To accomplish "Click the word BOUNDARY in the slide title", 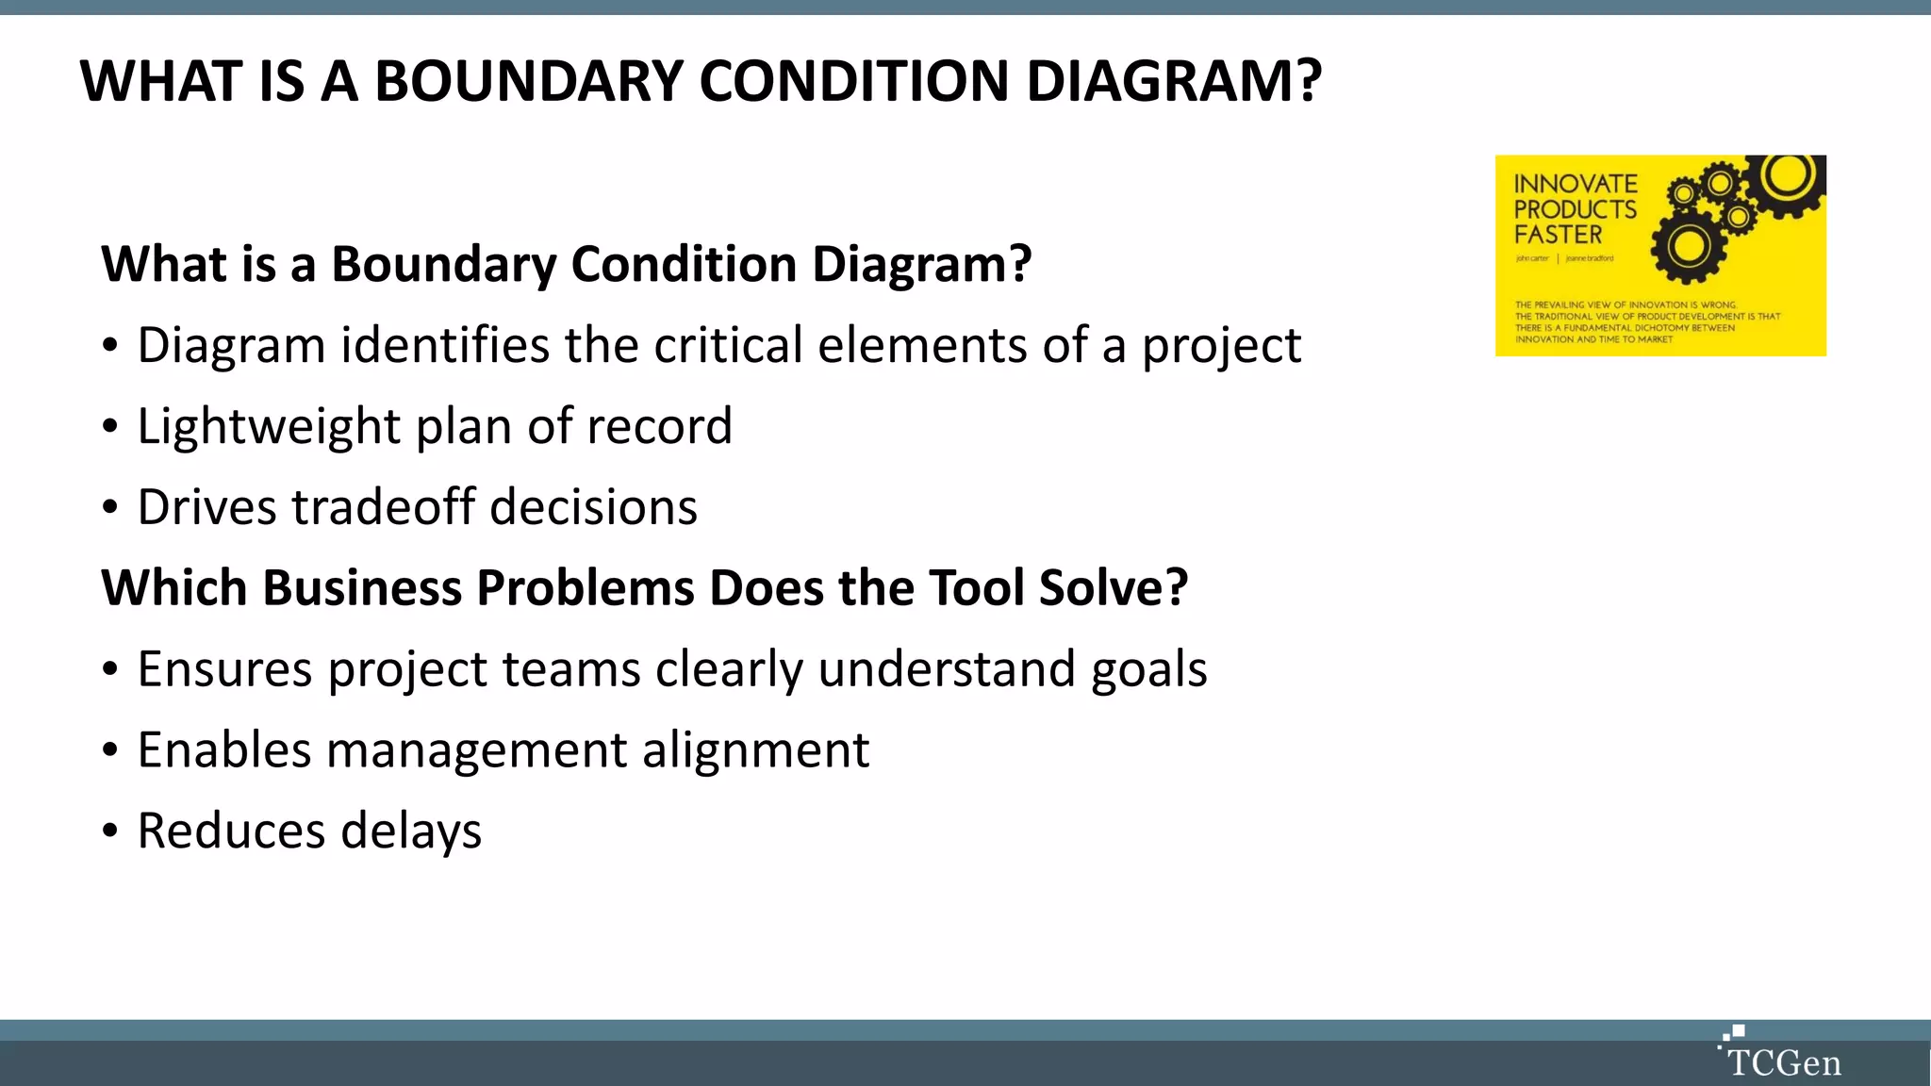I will click(528, 81).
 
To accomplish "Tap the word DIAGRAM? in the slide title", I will click(1173, 81).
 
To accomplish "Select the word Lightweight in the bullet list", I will click(269, 426).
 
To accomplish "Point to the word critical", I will click(728, 345).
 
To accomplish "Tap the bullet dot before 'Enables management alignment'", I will click(110, 751).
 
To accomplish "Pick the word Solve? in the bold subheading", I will click(1113, 588).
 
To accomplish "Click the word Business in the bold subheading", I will click(362, 588).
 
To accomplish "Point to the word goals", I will click(1148, 669).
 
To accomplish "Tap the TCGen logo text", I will click(1784, 1063).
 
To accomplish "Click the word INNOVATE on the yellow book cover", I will click(1575, 184).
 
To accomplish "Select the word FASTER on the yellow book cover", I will click(1558, 235).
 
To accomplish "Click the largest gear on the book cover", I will click(1688, 247).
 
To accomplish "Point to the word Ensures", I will click(224, 669).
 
